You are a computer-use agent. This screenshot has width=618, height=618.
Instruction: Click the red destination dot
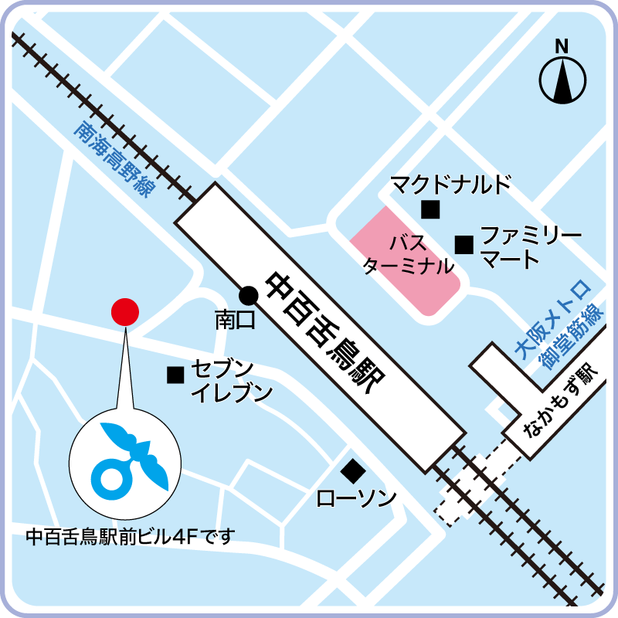pyautogui.click(x=124, y=311)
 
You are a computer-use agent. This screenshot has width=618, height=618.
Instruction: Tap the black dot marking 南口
pyautogui.click(x=248, y=294)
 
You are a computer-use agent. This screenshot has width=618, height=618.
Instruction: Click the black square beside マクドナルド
pyautogui.click(x=430, y=209)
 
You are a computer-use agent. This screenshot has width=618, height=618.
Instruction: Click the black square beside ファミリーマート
pyautogui.click(x=463, y=245)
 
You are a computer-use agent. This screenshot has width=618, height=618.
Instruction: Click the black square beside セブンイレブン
pyautogui.click(x=175, y=375)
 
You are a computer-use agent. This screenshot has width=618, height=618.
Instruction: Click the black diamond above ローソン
pyautogui.click(x=353, y=469)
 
